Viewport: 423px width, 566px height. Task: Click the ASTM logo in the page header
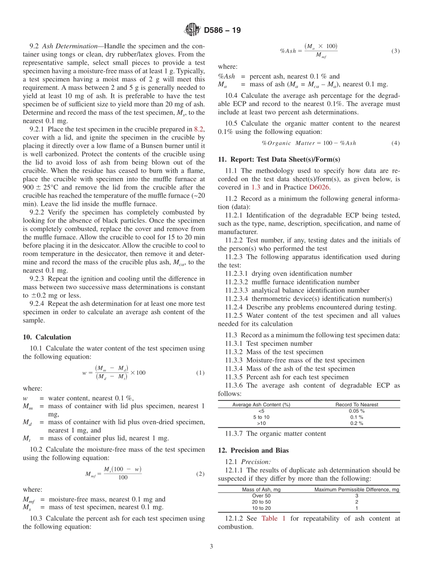pos(192,30)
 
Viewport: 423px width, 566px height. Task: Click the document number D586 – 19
pos(222,31)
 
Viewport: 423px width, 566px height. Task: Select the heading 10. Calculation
pos(47,337)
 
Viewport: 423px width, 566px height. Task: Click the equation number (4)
pos(395,143)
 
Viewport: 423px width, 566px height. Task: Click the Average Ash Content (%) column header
pos(261,404)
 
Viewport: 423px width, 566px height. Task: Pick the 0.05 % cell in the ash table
pos(357,411)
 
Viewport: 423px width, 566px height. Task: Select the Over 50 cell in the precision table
pos(261,496)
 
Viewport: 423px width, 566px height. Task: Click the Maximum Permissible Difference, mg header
pos(357,489)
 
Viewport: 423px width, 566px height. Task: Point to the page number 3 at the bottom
pos(211,547)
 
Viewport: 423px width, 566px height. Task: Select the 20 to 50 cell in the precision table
pos(261,502)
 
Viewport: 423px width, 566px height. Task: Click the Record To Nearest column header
pos(357,404)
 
